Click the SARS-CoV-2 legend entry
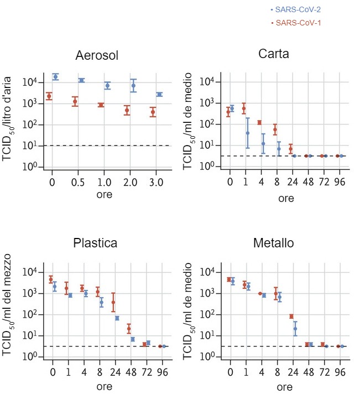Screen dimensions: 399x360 pyautogui.click(x=296, y=10)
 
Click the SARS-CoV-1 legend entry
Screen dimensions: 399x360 pyautogui.click(x=296, y=23)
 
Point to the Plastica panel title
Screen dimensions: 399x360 pyautogui.click(x=95, y=243)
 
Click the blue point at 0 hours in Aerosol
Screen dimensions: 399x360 pyautogui.click(x=55, y=76)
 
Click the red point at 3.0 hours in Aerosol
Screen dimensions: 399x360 pyautogui.click(x=153, y=112)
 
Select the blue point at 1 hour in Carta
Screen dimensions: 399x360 pyautogui.click(x=248, y=133)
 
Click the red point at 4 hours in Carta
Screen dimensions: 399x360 pyautogui.click(x=259, y=122)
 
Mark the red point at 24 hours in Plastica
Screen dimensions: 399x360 pyautogui.click(x=113, y=302)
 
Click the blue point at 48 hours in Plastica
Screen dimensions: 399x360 pyautogui.click(x=133, y=339)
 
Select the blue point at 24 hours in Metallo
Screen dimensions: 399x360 pyautogui.click(x=295, y=329)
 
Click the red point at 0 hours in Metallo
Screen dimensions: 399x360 pyautogui.click(x=229, y=279)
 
